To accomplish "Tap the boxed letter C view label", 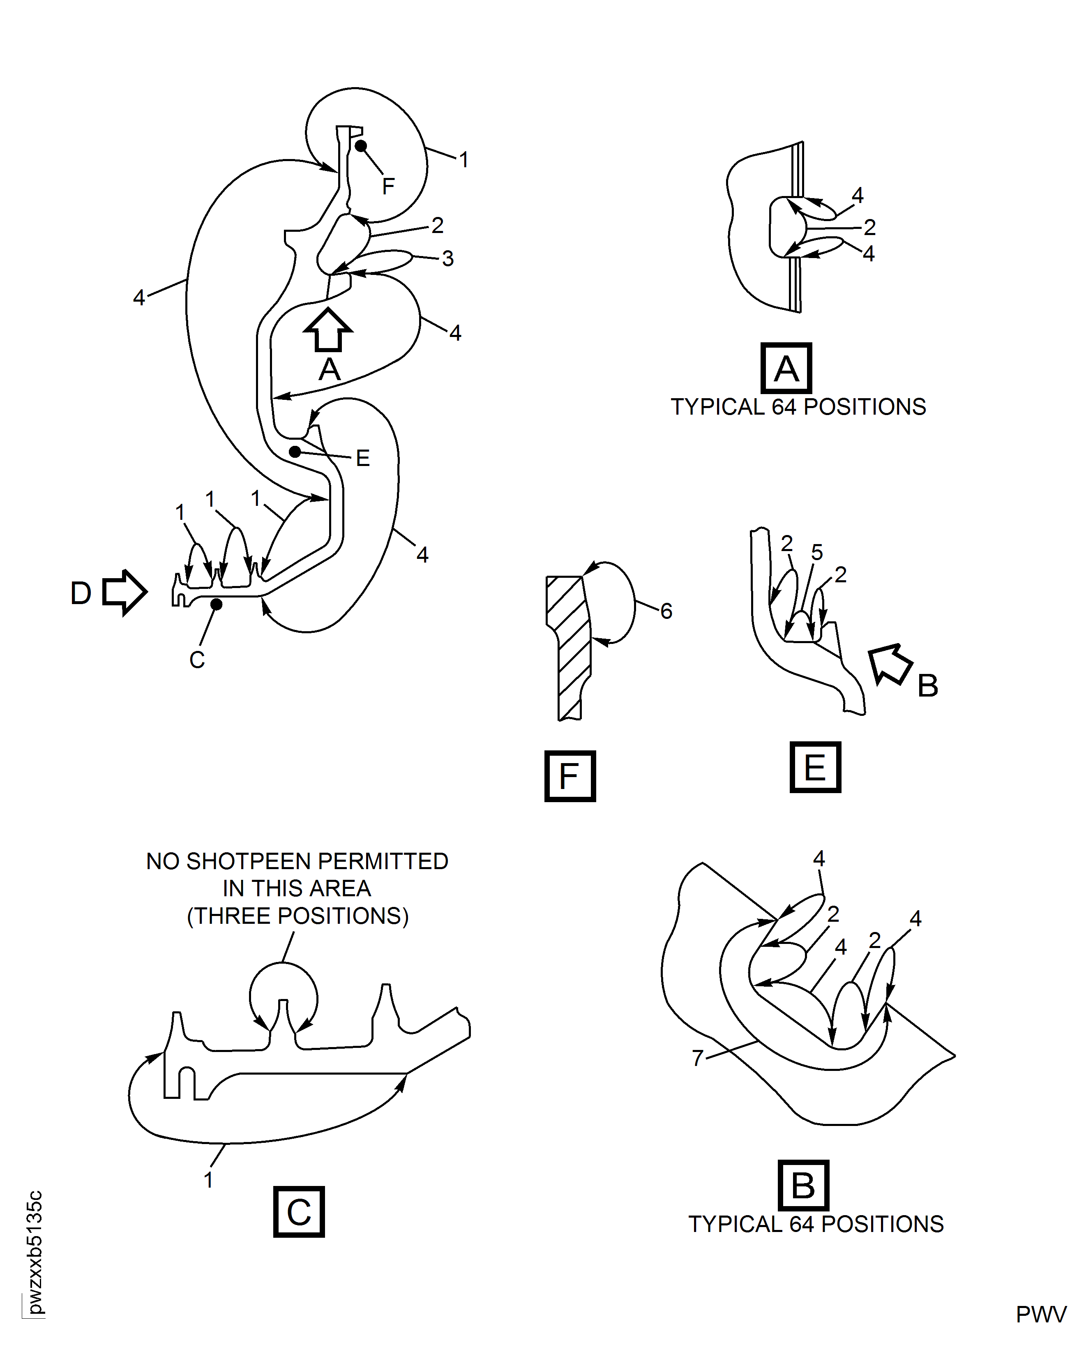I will [x=299, y=1212].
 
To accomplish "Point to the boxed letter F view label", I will [x=570, y=776].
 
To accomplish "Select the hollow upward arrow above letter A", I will [x=328, y=329].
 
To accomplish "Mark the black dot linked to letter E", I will [x=295, y=451].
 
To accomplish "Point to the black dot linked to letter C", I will [x=217, y=604].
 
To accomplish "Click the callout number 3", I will [x=447, y=258].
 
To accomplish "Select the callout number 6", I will [x=666, y=611].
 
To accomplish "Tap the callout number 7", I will [x=698, y=1057].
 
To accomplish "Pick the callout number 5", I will [x=817, y=552].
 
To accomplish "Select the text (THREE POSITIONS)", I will [x=298, y=916].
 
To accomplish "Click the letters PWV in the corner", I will [x=1041, y=1314].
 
